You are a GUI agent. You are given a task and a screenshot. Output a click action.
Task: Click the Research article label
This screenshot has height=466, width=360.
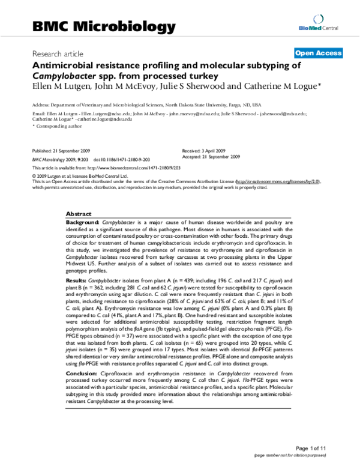tap(58, 53)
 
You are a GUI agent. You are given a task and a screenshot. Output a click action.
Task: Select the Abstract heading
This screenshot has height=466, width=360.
tap(79, 214)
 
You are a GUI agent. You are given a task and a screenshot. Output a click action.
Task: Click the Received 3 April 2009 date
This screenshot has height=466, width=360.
tap(203, 148)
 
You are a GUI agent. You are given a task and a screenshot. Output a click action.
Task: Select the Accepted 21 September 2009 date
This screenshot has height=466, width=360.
tap(211, 156)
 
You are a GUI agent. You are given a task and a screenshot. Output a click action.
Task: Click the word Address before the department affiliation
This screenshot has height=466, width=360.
tap(41, 103)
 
